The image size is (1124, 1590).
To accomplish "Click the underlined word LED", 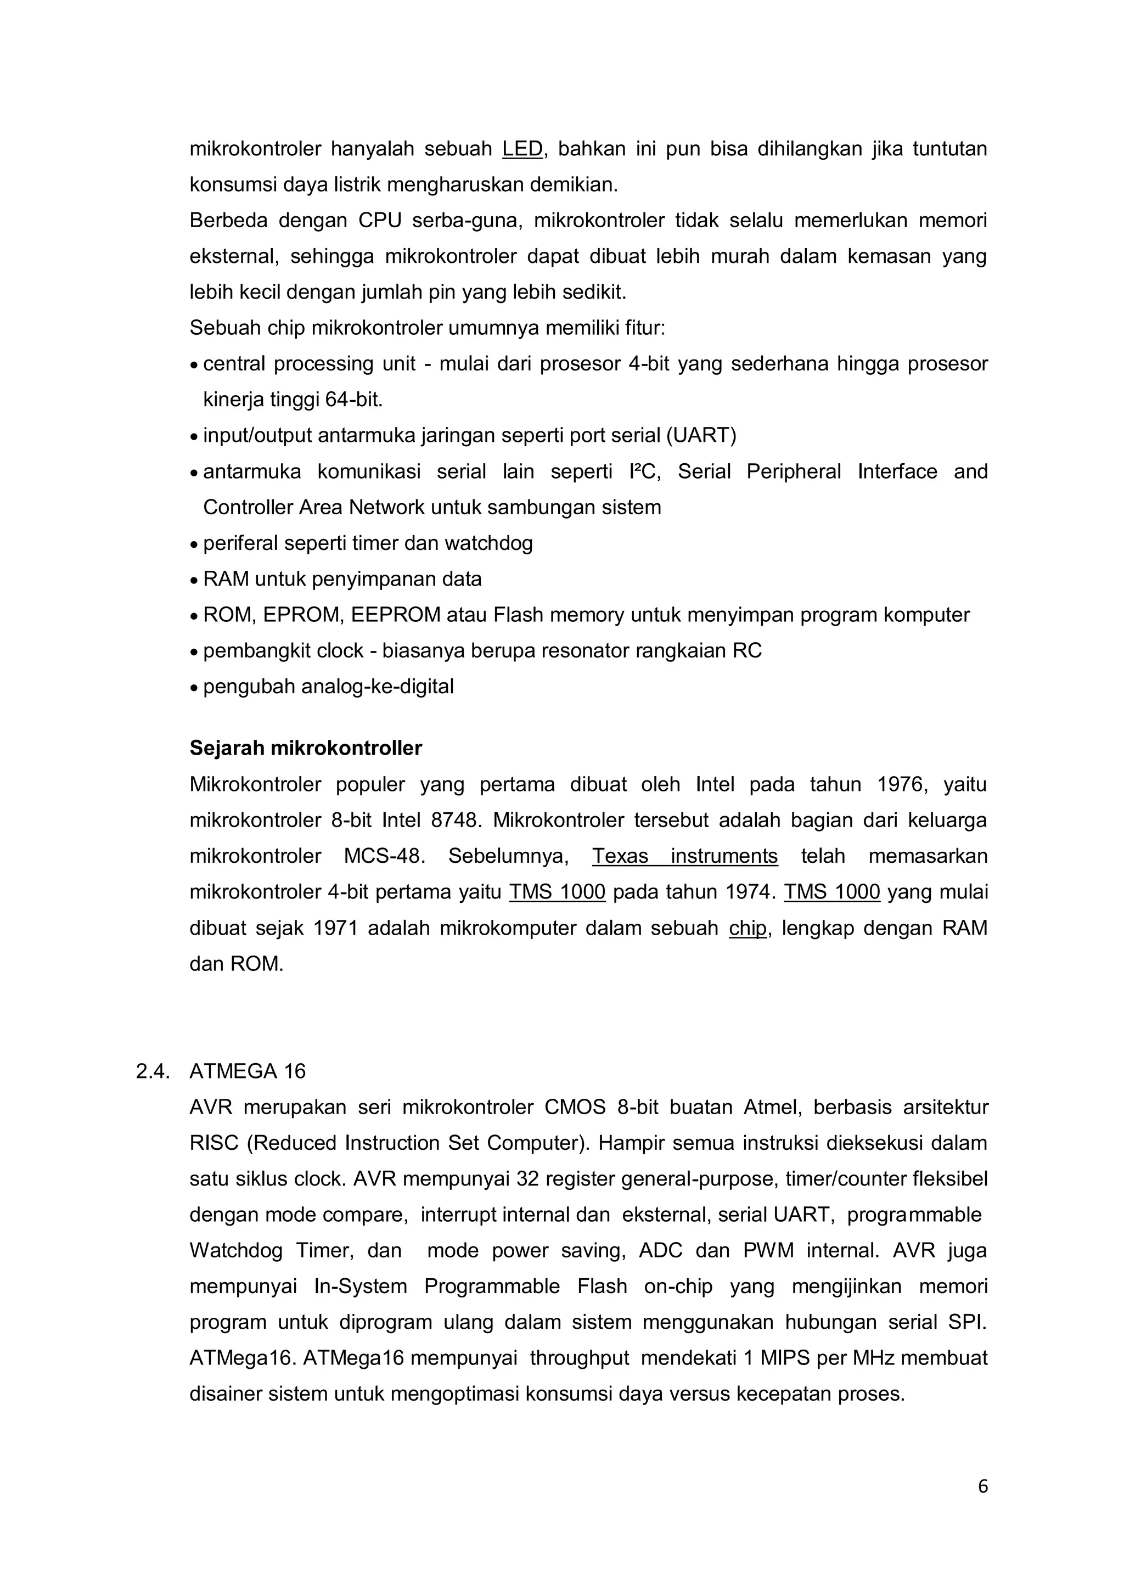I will [522, 149].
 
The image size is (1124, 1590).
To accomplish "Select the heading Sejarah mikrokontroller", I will [305, 749].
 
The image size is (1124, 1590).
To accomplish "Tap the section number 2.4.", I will [153, 1071].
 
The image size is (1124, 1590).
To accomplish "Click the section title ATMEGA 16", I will [247, 1071].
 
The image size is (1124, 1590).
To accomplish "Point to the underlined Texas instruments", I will [684, 856].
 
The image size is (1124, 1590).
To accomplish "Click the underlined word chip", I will [748, 928].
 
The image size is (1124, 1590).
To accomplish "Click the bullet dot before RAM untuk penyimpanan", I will [194, 580].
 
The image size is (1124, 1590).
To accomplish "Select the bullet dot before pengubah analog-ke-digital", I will [194, 688].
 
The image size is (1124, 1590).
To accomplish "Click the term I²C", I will [645, 471].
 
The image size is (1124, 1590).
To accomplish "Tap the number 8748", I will [454, 821].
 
